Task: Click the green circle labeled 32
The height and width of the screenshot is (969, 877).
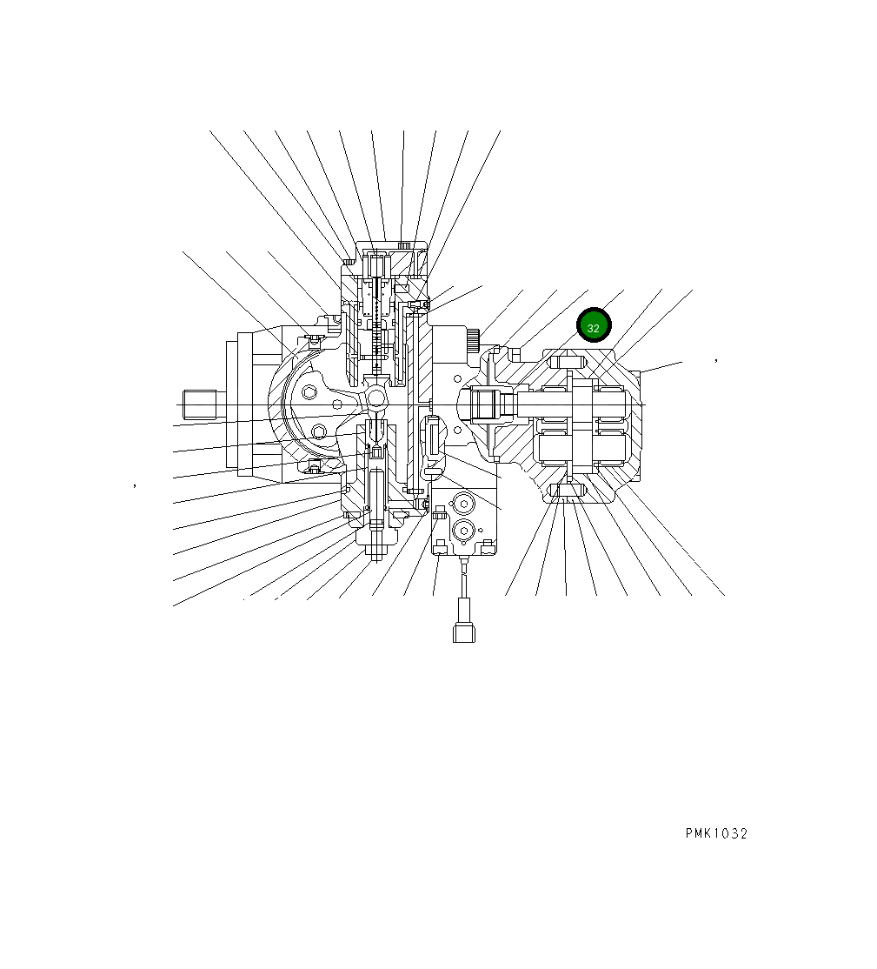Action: coord(595,326)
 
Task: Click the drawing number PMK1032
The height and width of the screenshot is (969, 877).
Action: coord(715,833)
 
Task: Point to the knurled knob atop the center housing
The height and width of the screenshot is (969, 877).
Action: coord(473,340)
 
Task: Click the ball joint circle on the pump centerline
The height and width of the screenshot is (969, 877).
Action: coord(376,398)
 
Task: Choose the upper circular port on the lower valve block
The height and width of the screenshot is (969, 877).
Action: coord(462,504)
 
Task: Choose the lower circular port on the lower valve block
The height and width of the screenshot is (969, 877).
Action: coord(462,530)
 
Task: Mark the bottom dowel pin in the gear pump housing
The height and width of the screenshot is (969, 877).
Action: coord(567,492)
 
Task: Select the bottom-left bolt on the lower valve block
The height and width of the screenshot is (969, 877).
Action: coord(441,546)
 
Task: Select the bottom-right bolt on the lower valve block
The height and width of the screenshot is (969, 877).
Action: coord(488,546)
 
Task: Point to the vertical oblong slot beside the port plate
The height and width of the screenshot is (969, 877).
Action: coord(432,434)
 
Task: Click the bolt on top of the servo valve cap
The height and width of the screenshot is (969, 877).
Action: coord(402,246)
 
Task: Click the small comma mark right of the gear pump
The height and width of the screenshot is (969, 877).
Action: coord(715,358)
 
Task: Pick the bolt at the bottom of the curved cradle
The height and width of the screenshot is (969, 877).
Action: coord(314,470)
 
